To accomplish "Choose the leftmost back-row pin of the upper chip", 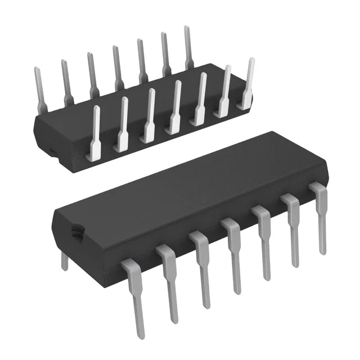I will (x=39, y=90).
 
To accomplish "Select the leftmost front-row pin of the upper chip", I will (x=94, y=132).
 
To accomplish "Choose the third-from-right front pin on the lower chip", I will (x=264, y=242).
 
